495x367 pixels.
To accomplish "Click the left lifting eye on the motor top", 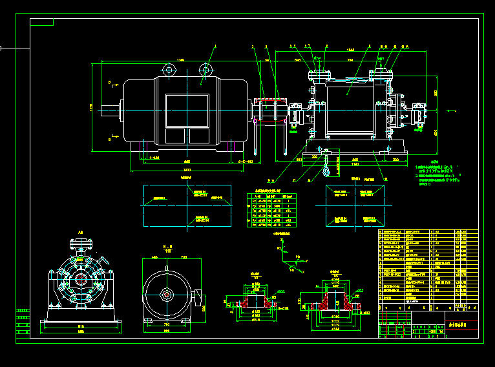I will click(x=169, y=69).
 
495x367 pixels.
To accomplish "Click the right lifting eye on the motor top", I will click(x=206, y=69).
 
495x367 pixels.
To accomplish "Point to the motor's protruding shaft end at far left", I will click(x=116, y=110).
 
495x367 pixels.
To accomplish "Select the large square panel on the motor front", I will click(x=187, y=110).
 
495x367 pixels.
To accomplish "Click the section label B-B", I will click(x=167, y=247).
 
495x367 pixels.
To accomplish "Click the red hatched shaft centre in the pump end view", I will click(x=80, y=279).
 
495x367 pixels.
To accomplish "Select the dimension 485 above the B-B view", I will click(x=154, y=257).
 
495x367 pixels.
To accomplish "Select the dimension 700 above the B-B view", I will click(x=184, y=257).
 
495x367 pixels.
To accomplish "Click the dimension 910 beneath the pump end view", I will click(x=80, y=326).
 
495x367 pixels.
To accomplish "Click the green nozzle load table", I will click(x=269, y=208).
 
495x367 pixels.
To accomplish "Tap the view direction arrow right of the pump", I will click(x=450, y=112).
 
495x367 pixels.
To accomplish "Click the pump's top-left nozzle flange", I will click(x=319, y=76).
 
